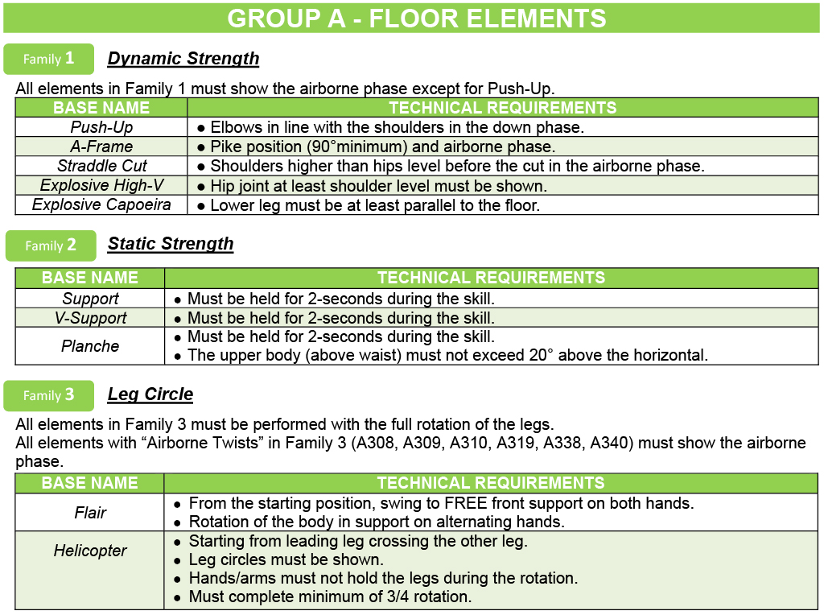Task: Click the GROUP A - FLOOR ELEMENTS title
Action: pyautogui.click(x=417, y=19)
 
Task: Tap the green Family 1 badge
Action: pyautogui.click(x=49, y=59)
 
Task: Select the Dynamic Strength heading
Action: pyautogui.click(x=183, y=59)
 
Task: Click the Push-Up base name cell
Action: pyautogui.click(x=101, y=127)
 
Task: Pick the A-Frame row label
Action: pyautogui.click(x=101, y=147)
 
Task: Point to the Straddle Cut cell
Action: pyautogui.click(x=101, y=166)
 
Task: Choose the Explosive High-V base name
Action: pyautogui.click(x=101, y=185)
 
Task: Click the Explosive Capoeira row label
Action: pyautogui.click(x=101, y=204)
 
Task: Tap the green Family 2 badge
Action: pyautogui.click(x=51, y=246)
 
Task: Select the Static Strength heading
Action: pyautogui.click(x=171, y=244)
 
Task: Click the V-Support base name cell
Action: pyautogui.click(x=90, y=318)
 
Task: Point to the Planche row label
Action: pyautogui.click(x=90, y=346)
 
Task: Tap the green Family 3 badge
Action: pyautogui.click(x=49, y=395)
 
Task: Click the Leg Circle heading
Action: pyautogui.click(x=150, y=394)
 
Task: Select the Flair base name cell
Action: pyautogui.click(x=90, y=513)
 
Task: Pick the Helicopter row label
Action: pyautogui.click(x=90, y=551)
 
